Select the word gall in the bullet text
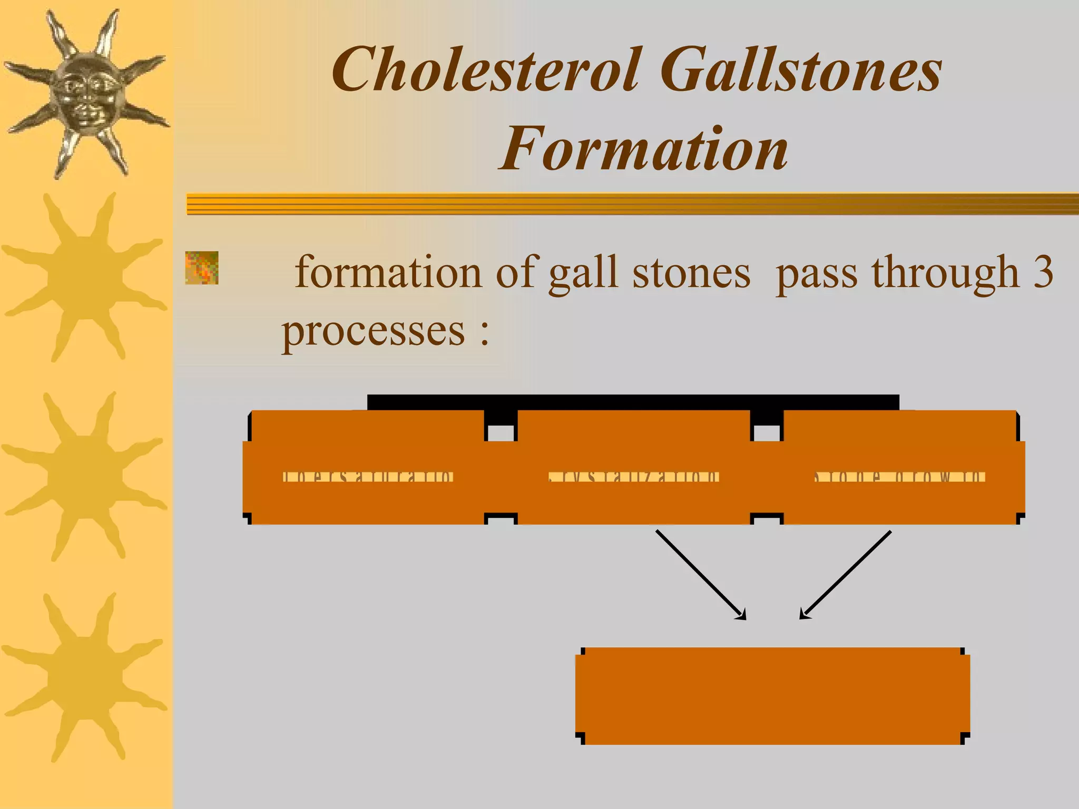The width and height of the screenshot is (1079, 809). point(582,273)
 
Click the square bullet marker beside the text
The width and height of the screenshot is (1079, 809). point(202,268)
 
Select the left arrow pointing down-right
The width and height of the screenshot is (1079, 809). point(701,574)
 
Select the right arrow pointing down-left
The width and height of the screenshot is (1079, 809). point(846,574)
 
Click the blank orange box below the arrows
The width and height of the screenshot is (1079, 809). point(772,695)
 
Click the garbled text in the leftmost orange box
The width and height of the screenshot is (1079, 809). point(368,477)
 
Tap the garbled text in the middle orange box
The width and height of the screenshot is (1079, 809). point(633,477)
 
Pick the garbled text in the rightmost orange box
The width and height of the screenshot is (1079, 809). point(900,477)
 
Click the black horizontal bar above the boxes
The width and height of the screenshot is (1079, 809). point(632,402)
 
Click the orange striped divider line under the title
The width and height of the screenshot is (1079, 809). point(632,204)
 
